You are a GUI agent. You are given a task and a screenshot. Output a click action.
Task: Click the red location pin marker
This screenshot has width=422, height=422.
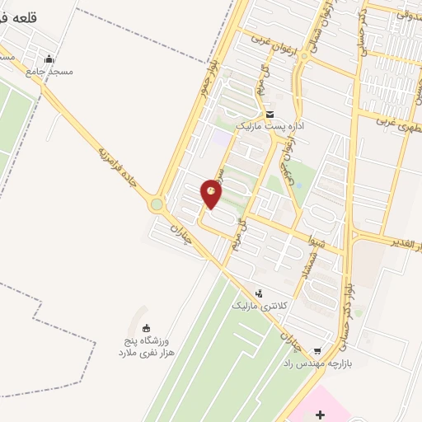point(212,193)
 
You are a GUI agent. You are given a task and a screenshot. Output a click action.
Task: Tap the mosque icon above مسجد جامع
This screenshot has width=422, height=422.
point(49,59)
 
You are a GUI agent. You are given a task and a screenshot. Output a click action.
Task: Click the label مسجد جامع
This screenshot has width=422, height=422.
point(49,71)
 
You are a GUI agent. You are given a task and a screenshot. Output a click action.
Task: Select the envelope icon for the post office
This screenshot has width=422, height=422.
point(270,114)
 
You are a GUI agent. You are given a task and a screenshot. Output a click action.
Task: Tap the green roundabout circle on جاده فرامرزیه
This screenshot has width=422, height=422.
point(157,204)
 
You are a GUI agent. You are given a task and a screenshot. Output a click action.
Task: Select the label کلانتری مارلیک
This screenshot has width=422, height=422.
point(259,306)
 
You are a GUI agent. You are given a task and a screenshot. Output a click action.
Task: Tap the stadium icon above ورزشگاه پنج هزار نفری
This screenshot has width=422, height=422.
point(147,328)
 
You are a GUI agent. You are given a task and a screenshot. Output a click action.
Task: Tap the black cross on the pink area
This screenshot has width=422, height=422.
point(320,415)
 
